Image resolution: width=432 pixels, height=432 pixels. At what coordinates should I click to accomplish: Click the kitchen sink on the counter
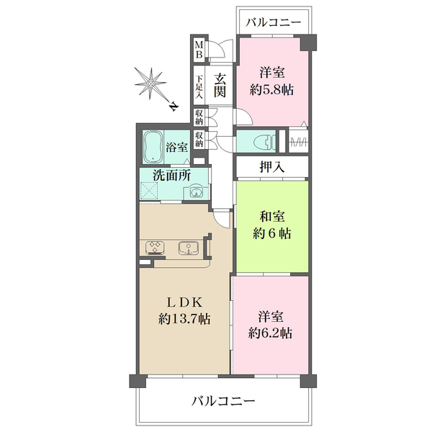[x=189, y=249]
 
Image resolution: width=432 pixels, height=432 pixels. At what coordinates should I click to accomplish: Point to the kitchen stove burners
[x=155, y=249]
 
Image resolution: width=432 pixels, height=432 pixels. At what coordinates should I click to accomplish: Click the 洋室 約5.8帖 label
[x=274, y=81]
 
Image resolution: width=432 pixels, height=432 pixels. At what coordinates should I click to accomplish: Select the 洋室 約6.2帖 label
[x=271, y=324]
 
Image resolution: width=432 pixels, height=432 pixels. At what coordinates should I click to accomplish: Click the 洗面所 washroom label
[x=171, y=174]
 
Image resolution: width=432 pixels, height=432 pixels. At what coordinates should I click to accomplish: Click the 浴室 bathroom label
[x=177, y=146]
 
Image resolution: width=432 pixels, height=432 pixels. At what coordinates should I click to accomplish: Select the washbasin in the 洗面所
[x=194, y=192]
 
